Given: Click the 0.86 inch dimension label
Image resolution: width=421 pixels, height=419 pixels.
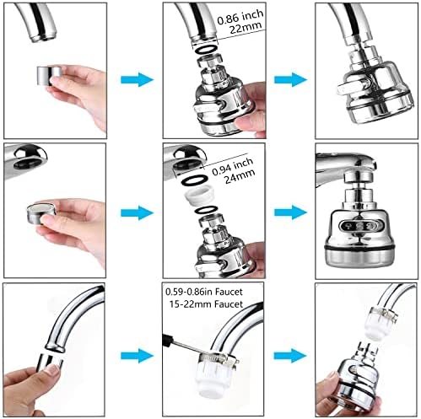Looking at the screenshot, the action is point(240,18).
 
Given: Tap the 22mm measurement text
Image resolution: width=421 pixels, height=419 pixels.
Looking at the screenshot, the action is point(246,28).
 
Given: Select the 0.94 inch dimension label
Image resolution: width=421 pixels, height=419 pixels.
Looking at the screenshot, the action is point(232,167).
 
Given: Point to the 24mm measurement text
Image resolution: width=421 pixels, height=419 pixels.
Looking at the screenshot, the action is point(240,177).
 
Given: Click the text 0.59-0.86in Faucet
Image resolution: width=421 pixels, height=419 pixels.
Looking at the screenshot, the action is point(204,292).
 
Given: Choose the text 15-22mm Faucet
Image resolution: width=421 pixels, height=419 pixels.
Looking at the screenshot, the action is point(206,304).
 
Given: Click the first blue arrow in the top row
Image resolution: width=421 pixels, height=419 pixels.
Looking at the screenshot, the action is point(137,79).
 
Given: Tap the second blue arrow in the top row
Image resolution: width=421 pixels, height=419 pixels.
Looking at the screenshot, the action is point(290,79).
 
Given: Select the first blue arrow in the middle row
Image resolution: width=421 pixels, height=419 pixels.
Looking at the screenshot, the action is point(137,212).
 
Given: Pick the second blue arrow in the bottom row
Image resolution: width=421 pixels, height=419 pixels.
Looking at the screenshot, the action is point(290,356).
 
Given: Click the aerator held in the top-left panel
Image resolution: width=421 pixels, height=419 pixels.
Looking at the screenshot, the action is point(49,75).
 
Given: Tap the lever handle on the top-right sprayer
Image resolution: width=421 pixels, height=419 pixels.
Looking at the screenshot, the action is point(352,88).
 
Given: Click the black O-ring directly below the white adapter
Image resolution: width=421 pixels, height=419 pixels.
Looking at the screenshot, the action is point(206,210).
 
